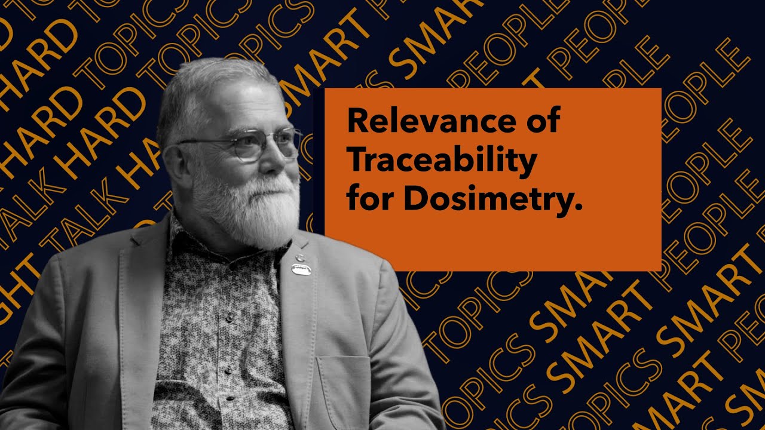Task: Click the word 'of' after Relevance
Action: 542,122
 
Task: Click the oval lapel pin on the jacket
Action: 302,269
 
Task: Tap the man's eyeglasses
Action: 251,146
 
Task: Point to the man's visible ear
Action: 174,161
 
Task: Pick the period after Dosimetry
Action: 577,207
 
